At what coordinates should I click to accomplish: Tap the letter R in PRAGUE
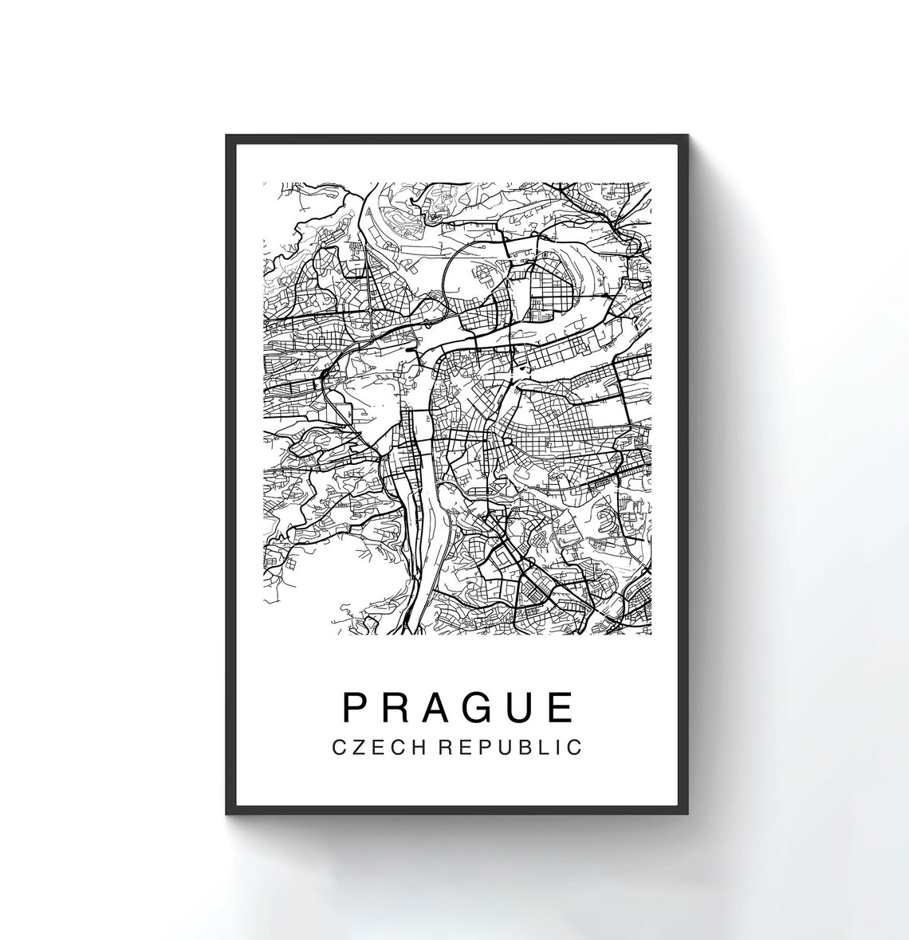(397, 706)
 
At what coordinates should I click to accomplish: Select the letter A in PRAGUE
(441, 706)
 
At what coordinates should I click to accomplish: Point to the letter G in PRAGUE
(485, 706)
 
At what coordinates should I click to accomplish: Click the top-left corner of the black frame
(226, 135)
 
